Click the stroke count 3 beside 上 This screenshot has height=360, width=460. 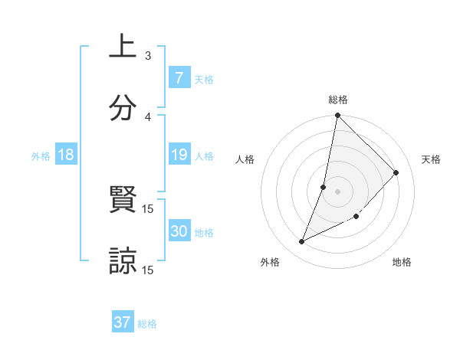coord(148,56)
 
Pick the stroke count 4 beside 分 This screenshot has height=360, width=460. coord(148,116)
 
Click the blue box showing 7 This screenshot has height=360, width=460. coord(179,78)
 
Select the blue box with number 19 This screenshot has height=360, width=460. coord(179,155)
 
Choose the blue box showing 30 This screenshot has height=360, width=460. coord(179,231)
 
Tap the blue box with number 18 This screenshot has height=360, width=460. coord(66,155)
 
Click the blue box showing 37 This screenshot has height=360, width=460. coord(123,322)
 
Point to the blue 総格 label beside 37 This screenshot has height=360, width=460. coord(147,324)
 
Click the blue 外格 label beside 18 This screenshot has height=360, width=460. coord(41,156)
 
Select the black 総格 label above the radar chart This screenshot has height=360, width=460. coord(338,100)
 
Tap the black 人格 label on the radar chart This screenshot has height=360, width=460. coord(245,159)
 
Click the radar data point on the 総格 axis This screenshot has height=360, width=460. coord(337,116)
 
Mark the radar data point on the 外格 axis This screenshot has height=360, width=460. coord(302,242)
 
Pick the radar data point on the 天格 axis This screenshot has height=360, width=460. coord(396,172)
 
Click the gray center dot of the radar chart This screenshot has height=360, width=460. coord(337,191)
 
